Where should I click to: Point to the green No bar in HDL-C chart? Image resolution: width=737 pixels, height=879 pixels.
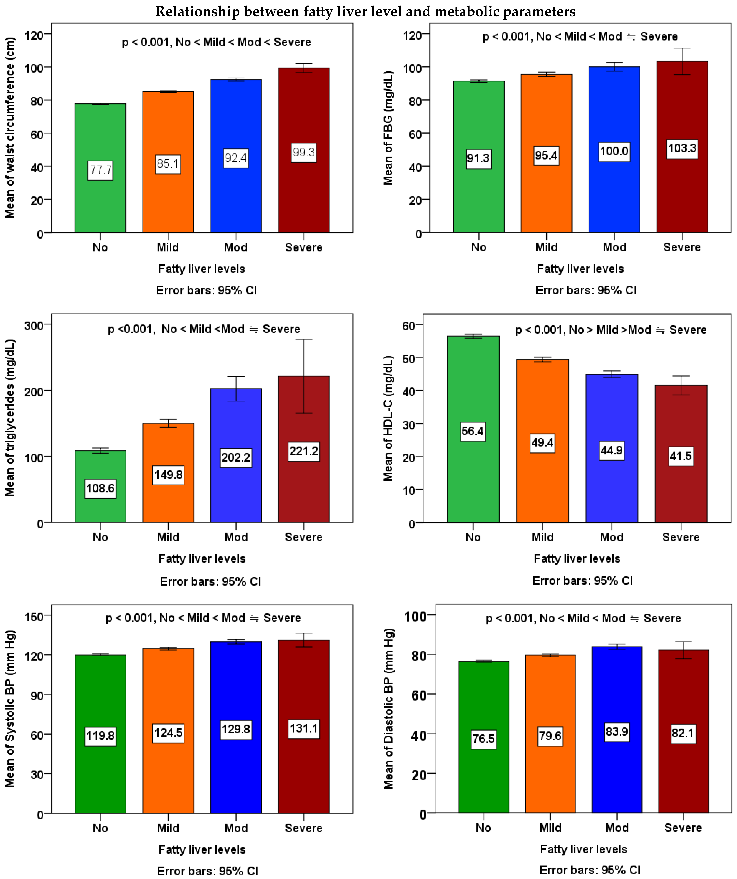tap(473, 473)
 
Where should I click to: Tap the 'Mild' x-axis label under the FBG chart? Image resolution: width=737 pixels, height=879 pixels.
tap(546, 247)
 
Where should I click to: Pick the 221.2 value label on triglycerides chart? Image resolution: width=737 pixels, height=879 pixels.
tap(304, 451)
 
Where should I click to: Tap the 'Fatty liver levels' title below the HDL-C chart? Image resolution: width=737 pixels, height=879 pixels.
tap(577, 559)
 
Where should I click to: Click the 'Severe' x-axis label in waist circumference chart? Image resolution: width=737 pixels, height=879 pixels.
tap(303, 247)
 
